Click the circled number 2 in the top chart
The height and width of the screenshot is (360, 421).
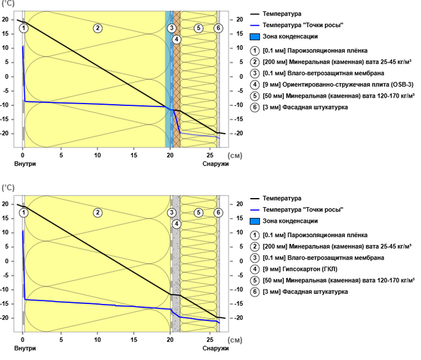pos(97,28)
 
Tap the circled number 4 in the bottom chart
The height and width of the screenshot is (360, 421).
pos(176,224)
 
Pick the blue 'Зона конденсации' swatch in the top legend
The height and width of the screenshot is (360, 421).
pos(255,37)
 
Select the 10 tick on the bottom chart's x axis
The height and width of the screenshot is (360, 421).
pos(97,339)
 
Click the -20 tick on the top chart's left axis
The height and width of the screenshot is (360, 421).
pos(7,133)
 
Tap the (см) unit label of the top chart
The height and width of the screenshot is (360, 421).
pos(236,155)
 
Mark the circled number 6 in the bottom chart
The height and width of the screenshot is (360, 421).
pos(218,213)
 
